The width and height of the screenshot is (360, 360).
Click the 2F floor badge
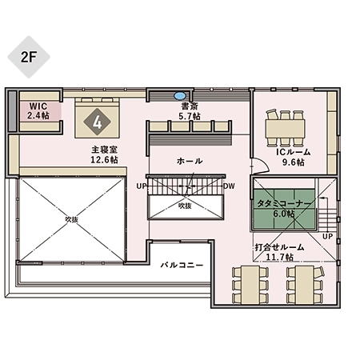click(29, 55)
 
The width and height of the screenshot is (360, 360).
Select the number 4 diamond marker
click(98, 122)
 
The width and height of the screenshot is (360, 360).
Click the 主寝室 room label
click(104, 150)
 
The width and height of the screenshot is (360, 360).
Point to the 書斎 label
click(190, 106)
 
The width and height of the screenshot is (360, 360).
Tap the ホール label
click(190, 162)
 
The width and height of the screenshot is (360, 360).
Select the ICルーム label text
click(294, 151)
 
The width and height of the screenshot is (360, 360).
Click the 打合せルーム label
click(279, 246)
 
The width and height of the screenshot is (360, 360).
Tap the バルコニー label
click(182, 264)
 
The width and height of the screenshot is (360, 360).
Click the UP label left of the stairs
click(142, 186)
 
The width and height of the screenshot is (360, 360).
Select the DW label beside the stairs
click(229, 186)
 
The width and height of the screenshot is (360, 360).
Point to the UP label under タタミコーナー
click(326, 237)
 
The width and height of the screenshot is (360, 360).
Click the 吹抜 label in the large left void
click(72, 218)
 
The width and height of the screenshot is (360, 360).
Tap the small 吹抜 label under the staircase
click(185, 205)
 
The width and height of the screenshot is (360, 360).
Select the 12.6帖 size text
click(104, 160)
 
